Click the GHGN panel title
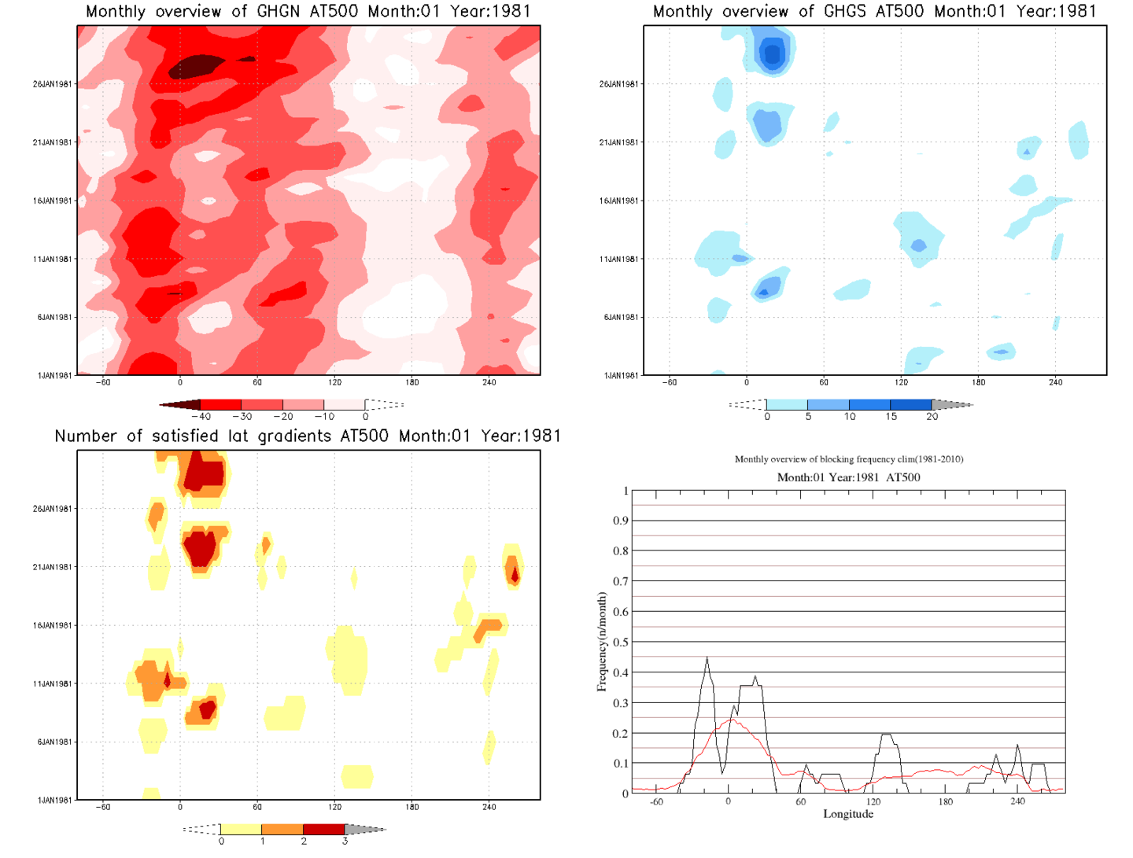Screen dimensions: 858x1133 click(308, 12)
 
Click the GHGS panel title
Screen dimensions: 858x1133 click(874, 12)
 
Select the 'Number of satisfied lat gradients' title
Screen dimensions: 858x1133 click(308, 436)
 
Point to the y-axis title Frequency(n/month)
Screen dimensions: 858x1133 click(602, 642)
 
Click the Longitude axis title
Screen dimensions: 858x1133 click(848, 814)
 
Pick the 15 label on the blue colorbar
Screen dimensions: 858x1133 click(891, 417)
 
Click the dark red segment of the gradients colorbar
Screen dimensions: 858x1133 click(323, 829)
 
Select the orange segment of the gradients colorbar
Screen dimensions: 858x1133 click(282, 829)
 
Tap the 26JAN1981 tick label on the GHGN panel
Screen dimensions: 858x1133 click(52, 84)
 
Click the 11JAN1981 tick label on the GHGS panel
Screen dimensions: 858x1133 click(618, 259)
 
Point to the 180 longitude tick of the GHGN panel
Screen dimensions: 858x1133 click(412, 383)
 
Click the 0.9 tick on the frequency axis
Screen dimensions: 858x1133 click(621, 521)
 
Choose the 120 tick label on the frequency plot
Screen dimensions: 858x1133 click(873, 802)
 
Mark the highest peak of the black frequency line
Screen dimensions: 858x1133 click(707, 657)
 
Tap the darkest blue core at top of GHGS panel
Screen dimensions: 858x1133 click(772, 53)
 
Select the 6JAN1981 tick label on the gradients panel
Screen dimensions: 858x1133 click(54, 742)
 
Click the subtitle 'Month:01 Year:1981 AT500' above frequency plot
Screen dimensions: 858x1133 click(848, 477)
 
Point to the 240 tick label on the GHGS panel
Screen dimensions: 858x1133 click(1055, 383)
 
